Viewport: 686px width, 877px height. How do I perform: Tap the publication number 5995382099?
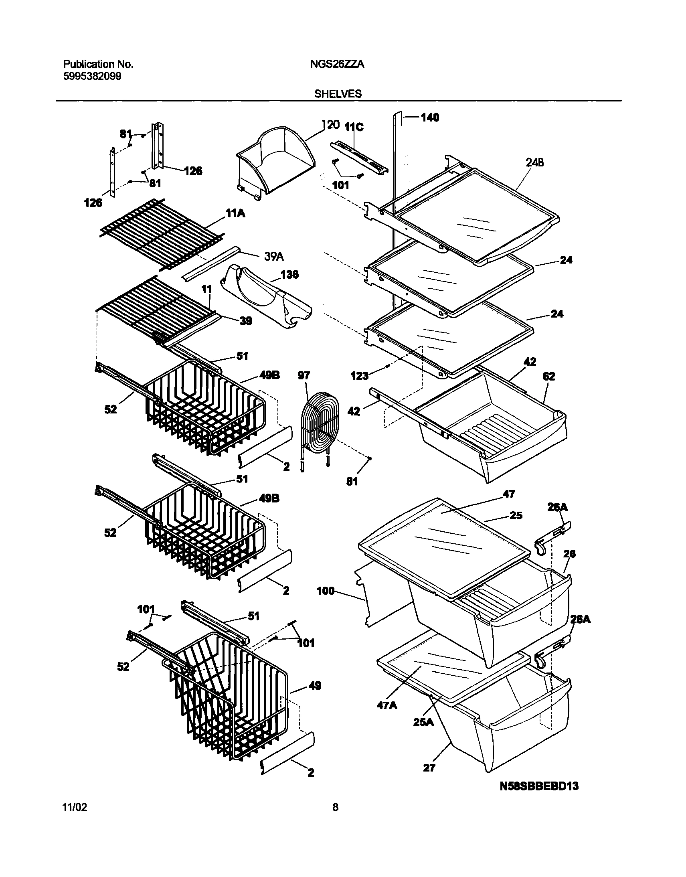click(92, 76)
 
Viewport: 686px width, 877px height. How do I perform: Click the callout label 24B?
click(534, 163)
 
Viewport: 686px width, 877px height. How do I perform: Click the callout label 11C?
click(354, 128)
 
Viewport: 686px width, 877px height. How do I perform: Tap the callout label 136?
click(289, 274)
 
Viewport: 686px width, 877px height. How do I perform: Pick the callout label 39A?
click(274, 256)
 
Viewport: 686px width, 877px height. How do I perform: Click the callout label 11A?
click(236, 213)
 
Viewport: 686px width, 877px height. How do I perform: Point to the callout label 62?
click(548, 376)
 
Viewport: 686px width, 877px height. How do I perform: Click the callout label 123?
click(359, 376)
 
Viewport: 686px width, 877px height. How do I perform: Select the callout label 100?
click(325, 591)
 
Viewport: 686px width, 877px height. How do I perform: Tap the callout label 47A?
click(387, 705)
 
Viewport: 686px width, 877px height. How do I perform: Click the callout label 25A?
click(423, 722)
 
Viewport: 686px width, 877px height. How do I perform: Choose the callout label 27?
click(429, 768)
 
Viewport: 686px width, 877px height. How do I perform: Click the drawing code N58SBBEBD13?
click(539, 786)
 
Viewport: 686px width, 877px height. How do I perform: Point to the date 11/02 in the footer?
click(75, 818)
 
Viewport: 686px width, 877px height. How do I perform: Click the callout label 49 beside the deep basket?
click(315, 686)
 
